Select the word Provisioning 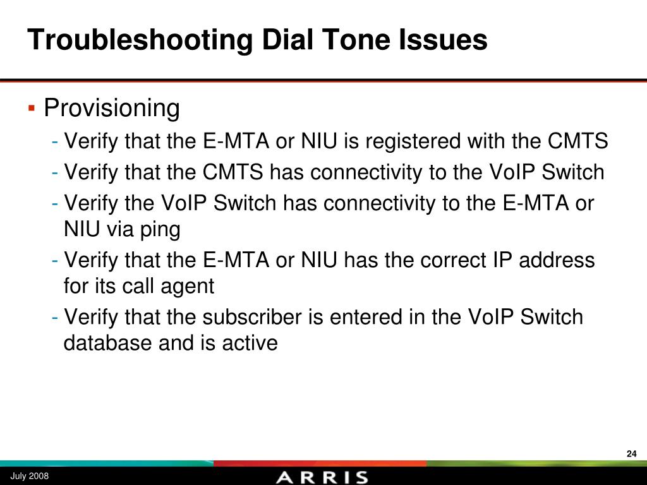point(112,109)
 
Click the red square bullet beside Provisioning point(31,108)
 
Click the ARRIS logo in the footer point(322,477)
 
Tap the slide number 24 point(631,453)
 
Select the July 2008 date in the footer point(29,476)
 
